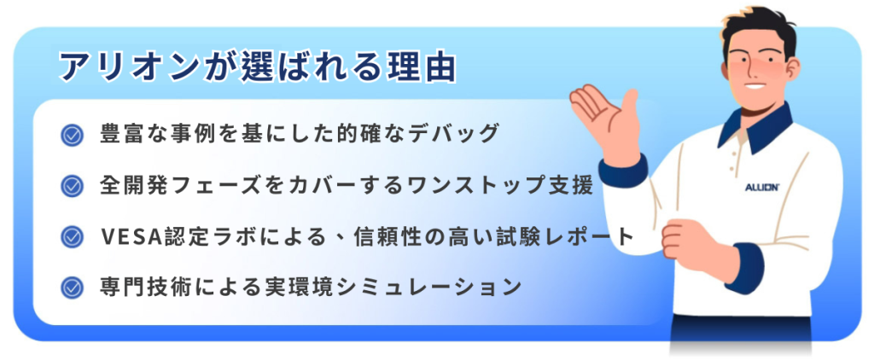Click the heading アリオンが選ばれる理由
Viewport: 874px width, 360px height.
(258, 68)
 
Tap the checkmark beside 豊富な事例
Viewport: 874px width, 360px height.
(72, 135)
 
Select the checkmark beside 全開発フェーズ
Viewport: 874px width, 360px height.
(72, 186)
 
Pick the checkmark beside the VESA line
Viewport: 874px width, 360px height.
(72, 236)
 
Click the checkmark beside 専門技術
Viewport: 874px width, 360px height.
(72, 287)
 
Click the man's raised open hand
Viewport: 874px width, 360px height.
(605, 119)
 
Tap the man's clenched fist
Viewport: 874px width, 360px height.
(687, 241)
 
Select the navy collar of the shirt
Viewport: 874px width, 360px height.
(755, 130)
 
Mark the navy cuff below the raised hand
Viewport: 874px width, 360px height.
(623, 171)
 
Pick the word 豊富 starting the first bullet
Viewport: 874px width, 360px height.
(121, 134)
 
